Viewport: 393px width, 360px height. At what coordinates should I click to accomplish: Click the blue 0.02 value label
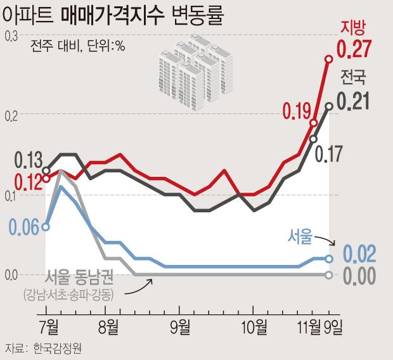(359, 254)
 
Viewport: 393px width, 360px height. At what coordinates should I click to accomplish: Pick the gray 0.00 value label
(359, 276)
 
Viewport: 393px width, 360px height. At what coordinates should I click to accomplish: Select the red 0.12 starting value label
(23, 181)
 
